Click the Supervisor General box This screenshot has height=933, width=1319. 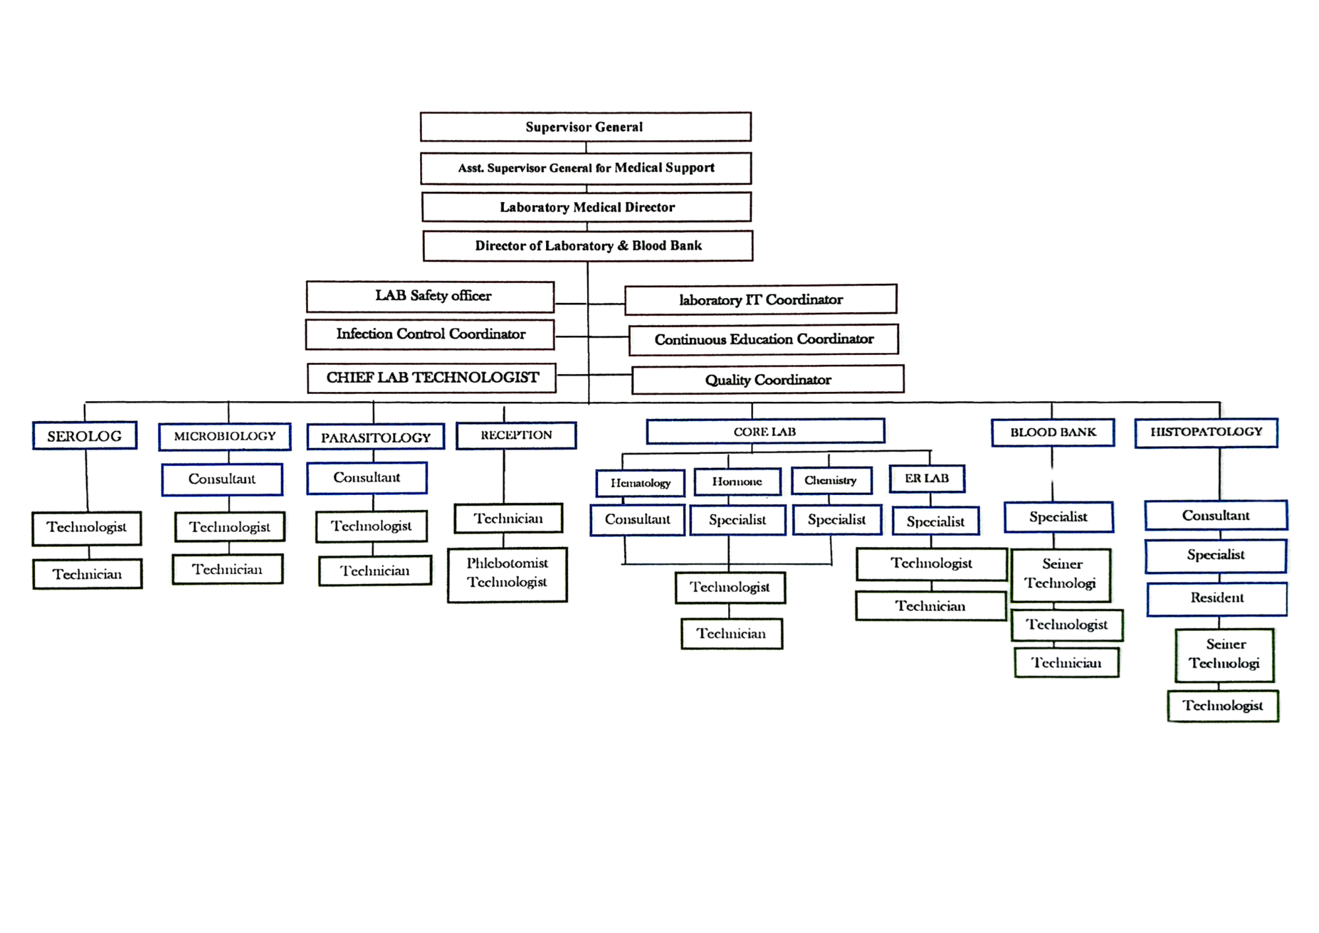pos(586,127)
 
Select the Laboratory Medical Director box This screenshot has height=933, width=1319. pos(586,207)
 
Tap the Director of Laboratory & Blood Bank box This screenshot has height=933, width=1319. pos(588,245)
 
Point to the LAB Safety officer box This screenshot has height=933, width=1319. pos(431,296)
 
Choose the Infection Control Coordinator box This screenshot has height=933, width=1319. pos(430,334)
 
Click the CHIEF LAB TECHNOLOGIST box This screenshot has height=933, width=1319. pos(432,378)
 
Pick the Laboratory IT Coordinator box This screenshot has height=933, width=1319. pos(761,300)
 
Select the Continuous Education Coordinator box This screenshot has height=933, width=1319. pos(764,340)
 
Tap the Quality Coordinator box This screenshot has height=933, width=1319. pos(768,380)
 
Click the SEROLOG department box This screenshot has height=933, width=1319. pos(84,435)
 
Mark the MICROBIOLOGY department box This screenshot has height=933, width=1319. pos(225,436)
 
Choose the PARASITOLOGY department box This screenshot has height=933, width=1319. pos(375,437)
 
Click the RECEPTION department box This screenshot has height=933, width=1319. pos(516,435)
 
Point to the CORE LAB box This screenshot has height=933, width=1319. pos(766,432)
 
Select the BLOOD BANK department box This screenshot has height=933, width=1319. pos(1053,432)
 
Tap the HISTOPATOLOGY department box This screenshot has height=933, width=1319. pos(1207,432)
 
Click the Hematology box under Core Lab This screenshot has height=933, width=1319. pos(640,483)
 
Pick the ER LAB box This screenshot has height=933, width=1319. pos(927,478)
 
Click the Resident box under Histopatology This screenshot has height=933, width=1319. pos(1217,598)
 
